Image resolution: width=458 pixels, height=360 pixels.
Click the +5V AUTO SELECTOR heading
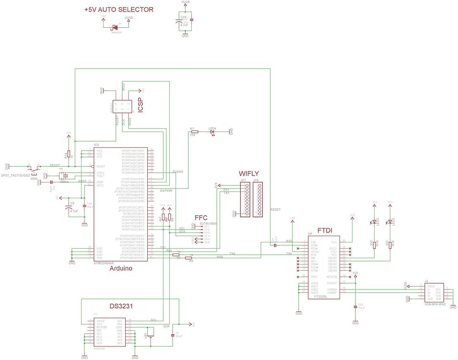point(118,10)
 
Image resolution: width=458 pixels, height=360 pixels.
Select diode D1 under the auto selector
point(115,27)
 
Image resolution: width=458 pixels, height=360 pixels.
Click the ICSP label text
point(141,106)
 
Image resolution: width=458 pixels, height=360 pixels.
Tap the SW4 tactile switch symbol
point(34,170)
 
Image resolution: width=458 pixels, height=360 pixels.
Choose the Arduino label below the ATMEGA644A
point(121,268)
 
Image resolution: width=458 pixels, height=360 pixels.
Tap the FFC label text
point(201,217)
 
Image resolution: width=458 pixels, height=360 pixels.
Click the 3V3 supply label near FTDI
point(355,273)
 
